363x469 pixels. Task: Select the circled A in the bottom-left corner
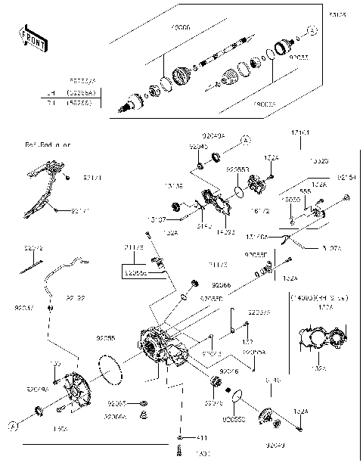(x=13, y=427)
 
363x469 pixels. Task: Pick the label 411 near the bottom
(x=202, y=438)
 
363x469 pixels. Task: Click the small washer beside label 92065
(x=144, y=403)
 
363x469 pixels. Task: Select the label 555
(x=305, y=191)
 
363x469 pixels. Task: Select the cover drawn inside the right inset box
(x=321, y=338)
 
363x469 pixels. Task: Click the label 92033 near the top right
(x=300, y=56)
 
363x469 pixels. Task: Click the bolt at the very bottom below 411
(x=180, y=451)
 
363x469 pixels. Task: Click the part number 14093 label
(x=226, y=234)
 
